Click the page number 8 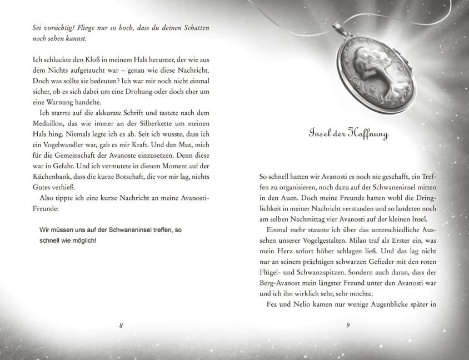click(121, 325)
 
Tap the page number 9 click(347, 325)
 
